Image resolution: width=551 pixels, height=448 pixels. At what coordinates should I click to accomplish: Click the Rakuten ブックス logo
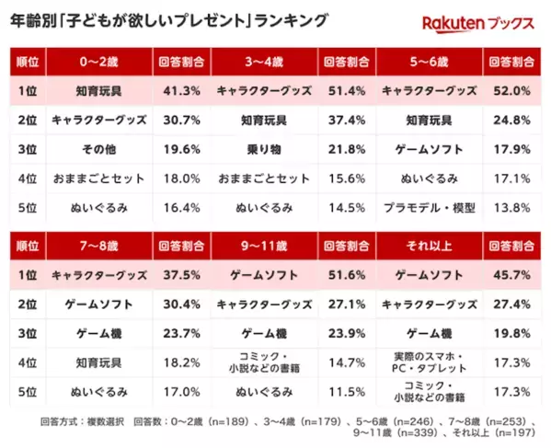[477, 23]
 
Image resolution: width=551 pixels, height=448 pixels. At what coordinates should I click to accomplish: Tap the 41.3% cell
[181, 93]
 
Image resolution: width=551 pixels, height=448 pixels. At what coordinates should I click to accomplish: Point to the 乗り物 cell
[264, 150]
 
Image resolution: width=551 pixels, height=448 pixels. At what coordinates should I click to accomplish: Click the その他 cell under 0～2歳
[101, 150]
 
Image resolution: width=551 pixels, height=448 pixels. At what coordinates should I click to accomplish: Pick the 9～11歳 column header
[264, 246]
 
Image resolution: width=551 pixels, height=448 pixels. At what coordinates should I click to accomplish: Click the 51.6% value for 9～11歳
[346, 275]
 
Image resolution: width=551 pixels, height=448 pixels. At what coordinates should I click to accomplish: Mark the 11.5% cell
[346, 392]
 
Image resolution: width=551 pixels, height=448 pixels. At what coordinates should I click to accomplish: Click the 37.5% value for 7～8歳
[181, 275]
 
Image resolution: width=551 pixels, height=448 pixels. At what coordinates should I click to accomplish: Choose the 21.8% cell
[346, 150]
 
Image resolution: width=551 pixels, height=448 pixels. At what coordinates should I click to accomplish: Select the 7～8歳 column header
[101, 246]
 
